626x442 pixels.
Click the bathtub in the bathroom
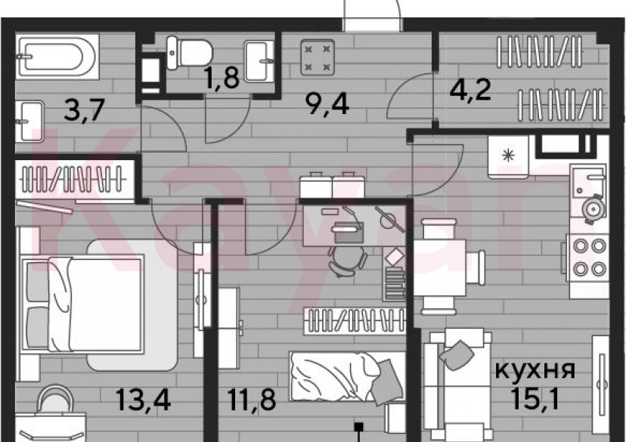54,56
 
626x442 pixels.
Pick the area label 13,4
144,398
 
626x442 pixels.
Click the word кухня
535,370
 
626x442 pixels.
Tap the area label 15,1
535,399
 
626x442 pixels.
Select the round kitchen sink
592,206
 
